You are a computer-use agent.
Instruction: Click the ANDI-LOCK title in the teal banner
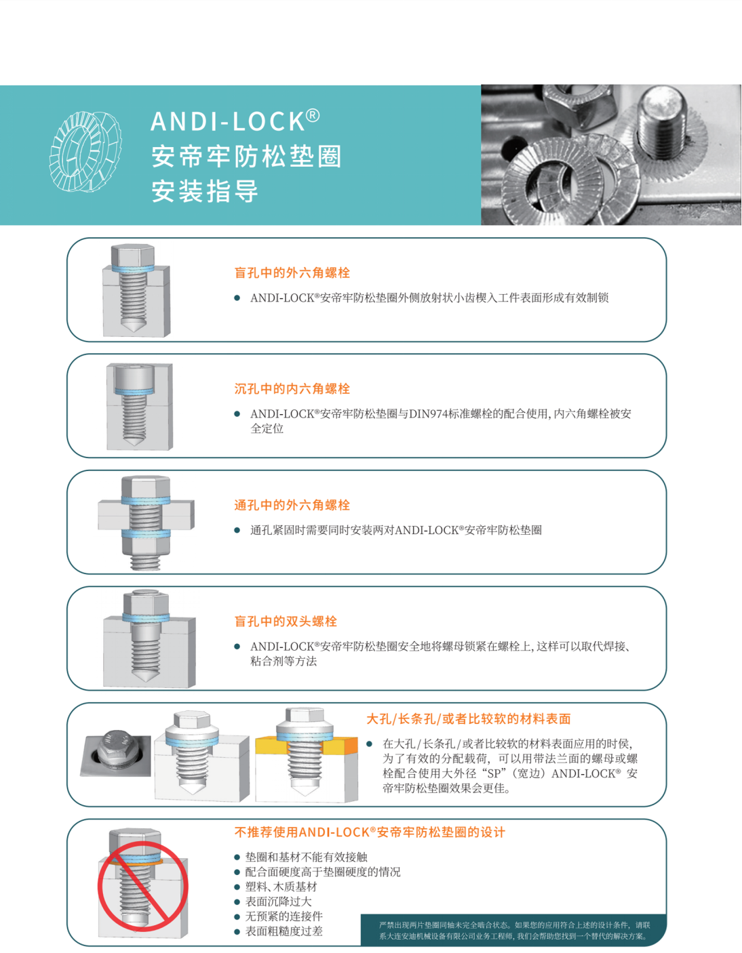coord(235,121)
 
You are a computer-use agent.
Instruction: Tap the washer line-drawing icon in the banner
coord(85,151)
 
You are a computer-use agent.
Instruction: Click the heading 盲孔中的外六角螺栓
coord(292,272)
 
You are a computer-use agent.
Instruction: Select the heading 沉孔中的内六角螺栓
coord(292,388)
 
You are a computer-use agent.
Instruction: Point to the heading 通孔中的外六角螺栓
coord(292,505)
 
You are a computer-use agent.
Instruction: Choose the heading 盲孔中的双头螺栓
coord(286,621)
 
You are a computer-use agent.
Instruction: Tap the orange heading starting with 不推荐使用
coord(370,832)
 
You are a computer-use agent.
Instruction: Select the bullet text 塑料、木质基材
coord(281,887)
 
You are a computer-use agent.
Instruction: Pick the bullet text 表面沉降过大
coord(278,901)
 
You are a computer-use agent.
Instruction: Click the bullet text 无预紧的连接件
coord(284,916)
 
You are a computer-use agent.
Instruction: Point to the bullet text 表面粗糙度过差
coord(284,931)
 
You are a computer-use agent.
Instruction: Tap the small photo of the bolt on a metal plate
coord(116,752)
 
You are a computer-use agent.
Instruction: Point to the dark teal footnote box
coord(513,930)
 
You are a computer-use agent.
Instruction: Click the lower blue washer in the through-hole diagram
coord(146,533)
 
